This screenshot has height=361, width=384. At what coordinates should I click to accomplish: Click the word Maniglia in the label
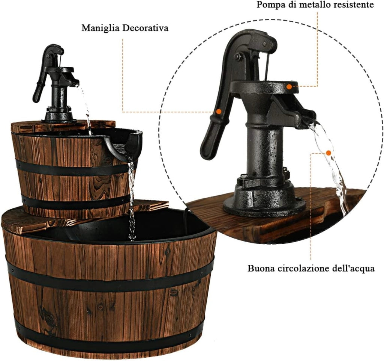click(100, 28)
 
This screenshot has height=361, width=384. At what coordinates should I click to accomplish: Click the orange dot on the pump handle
click(219, 112)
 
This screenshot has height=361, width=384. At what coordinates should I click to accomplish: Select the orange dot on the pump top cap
click(289, 86)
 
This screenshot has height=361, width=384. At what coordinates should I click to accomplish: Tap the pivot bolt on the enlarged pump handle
click(237, 56)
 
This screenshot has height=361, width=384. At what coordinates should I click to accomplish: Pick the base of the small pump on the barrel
click(57, 115)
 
